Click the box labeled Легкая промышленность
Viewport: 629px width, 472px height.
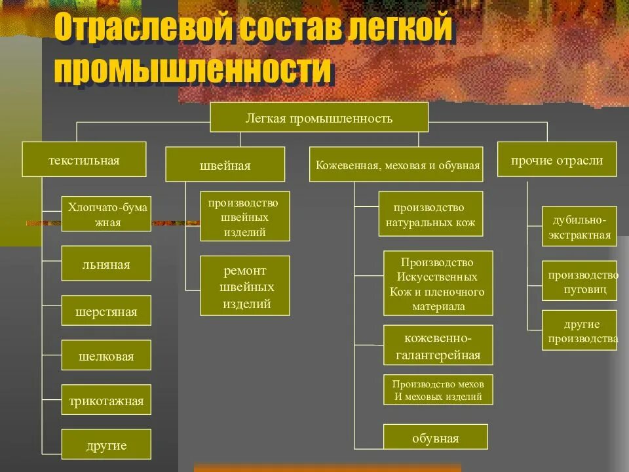(318, 118)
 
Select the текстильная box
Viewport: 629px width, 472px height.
(84, 159)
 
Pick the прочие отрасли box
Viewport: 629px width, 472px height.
(556, 160)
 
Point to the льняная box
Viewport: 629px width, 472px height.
(106, 264)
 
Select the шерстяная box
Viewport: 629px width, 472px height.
(106, 311)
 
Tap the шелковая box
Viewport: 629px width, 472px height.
(106, 356)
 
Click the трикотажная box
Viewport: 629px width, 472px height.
(106, 401)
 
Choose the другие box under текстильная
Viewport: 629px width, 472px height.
(106, 446)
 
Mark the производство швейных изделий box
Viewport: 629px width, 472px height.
(244, 216)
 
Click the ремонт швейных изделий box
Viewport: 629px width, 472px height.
(245, 286)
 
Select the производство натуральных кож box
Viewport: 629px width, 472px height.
(430, 214)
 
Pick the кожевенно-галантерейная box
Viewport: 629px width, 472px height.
(438, 346)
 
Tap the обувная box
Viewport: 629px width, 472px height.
(436, 438)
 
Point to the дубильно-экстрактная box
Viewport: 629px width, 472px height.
(579, 227)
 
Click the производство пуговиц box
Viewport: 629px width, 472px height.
(579, 281)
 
